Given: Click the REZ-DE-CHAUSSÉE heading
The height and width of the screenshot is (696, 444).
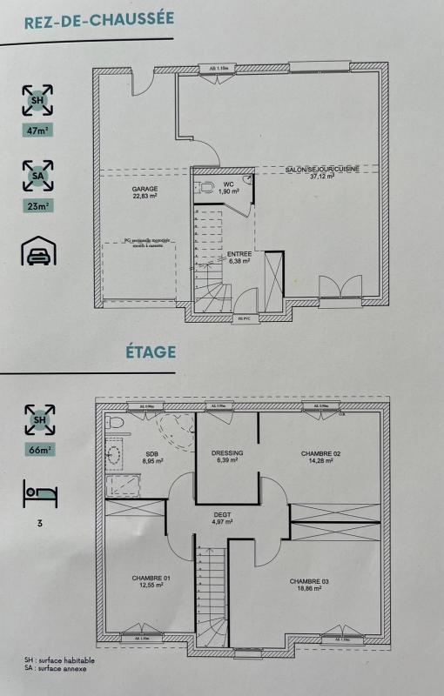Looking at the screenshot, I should pos(98,18).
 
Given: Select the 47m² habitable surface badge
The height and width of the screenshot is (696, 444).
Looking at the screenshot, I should pos(37,132).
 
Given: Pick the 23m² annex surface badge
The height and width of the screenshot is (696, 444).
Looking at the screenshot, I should pos(37,206).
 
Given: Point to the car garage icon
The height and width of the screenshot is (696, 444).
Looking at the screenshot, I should pos(37,251).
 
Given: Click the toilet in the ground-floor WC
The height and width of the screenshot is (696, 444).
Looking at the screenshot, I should pos(205,187).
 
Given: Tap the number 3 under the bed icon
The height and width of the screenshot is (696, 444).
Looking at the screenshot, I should pos(37,524).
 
